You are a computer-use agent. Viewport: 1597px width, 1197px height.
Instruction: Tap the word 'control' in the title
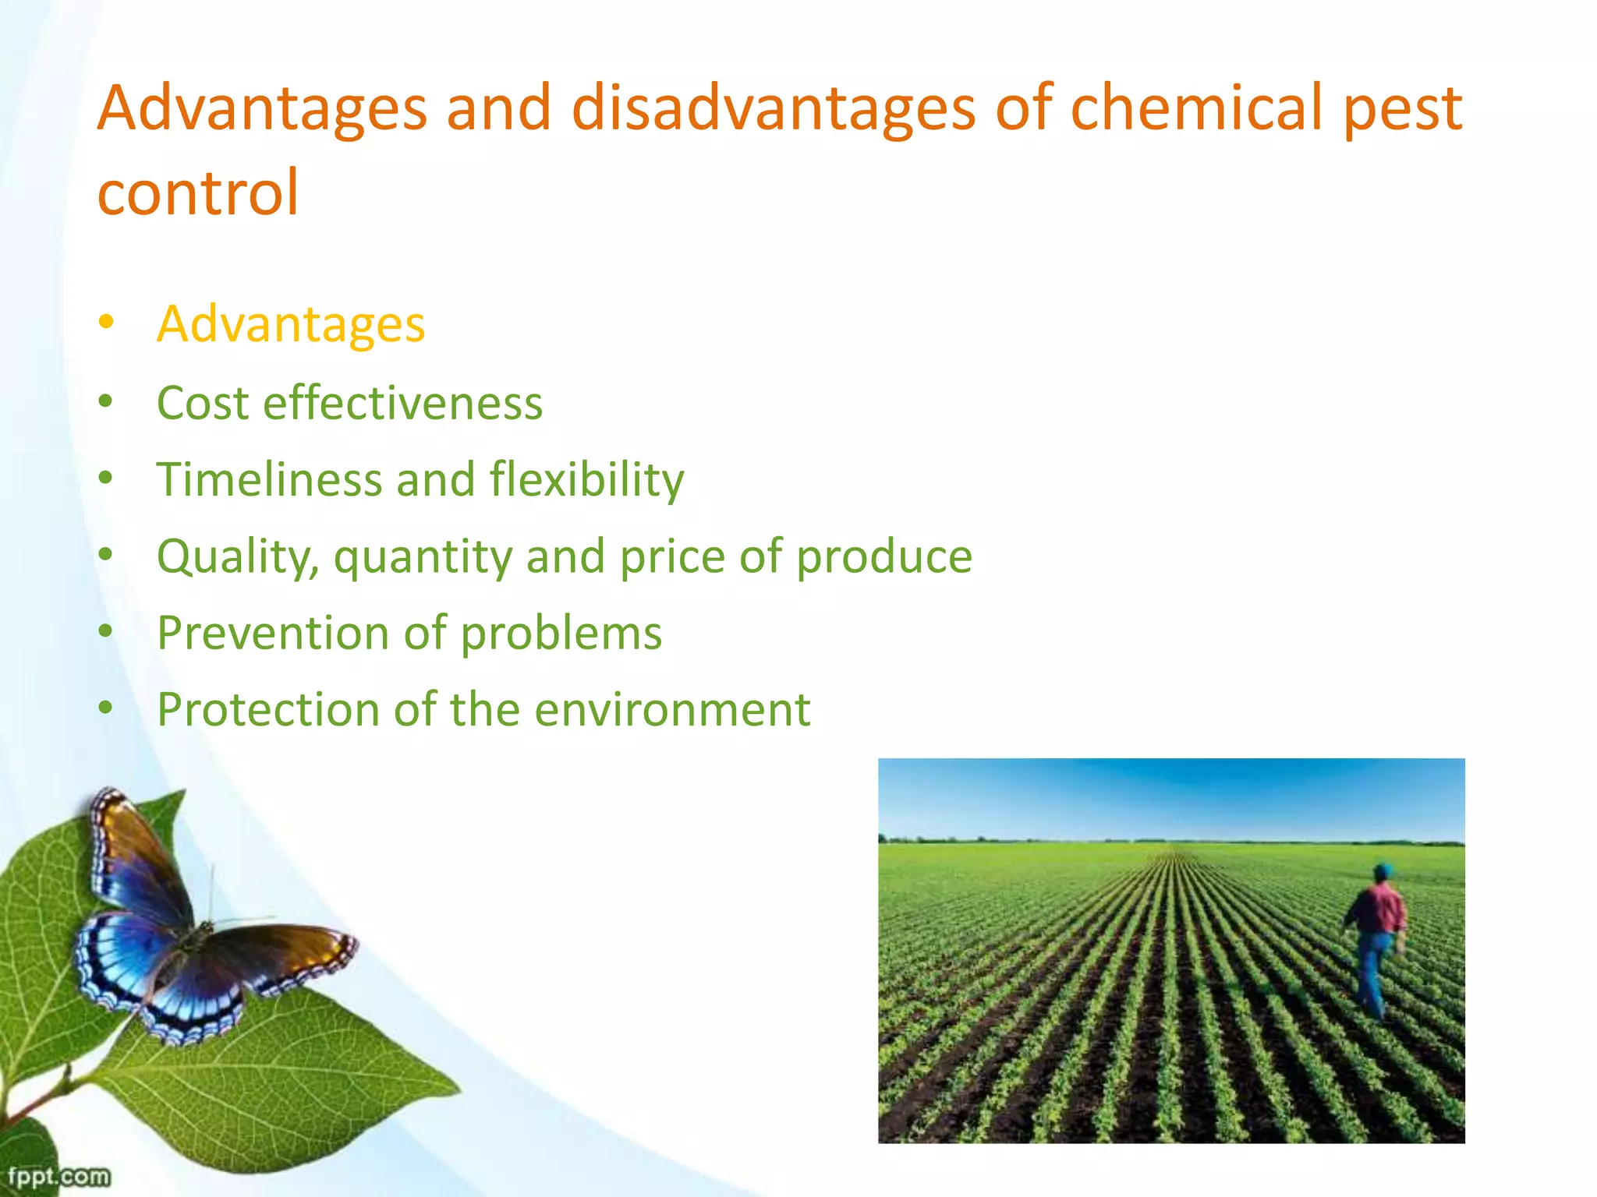(198, 192)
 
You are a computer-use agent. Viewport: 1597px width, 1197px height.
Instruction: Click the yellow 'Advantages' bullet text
(290, 324)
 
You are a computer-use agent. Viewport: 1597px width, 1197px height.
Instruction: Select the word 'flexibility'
(586, 479)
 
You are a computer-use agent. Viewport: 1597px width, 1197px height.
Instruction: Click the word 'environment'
(672, 710)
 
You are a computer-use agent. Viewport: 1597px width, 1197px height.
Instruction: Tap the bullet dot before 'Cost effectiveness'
(106, 402)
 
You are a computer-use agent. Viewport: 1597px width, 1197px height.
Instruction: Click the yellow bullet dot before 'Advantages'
(106, 322)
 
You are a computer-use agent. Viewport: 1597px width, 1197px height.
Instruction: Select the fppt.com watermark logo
(58, 1175)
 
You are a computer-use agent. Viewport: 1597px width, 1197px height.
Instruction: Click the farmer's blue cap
(1383, 870)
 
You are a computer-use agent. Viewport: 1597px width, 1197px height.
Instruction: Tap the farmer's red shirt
(1379, 908)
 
